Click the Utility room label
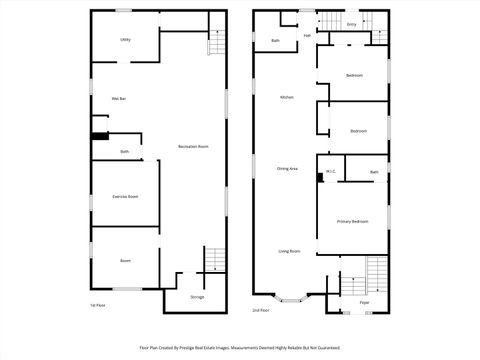click(126, 39)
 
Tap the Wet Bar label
click(117, 98)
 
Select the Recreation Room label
click(193, 147)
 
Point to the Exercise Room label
click(125, 196)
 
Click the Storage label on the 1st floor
click(197, 297)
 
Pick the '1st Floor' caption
click(97, 305)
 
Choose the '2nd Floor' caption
click(261, 310)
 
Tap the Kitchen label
click(286, 97)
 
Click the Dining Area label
click(287, 169)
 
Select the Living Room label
click(289, 251)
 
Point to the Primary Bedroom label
click(353, 220)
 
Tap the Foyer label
click(364, 301)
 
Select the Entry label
click(351, 24)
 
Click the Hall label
click(307, 35)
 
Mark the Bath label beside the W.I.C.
click(373, 172)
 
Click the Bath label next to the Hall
click(275, 40)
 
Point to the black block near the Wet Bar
click(99, 137)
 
